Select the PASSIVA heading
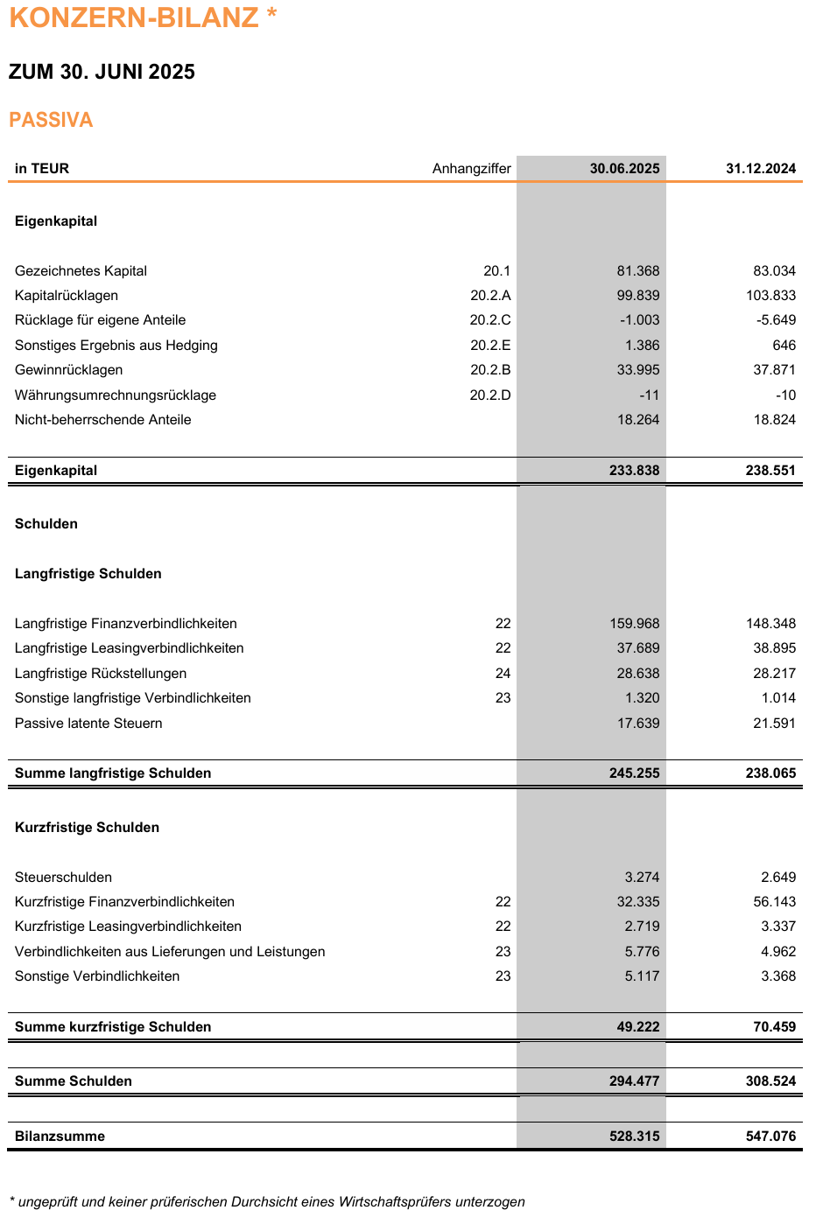tap(51, 120)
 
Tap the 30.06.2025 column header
tap(624, 169)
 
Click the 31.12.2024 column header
tap(761, 169)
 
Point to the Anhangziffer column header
tap(471, 169)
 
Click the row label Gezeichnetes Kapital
tap(81, 271)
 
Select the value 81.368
tap(638, 271)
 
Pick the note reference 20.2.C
tap(490, 320)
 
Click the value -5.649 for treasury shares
tap(777, 320)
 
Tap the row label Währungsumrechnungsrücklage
tap(116, 395)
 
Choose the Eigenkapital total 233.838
tap(635, 471)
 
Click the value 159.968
tap(635, 624)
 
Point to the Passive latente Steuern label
tap(88, 724)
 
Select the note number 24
tap(503, 674)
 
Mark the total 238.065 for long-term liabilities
tap(771, 773)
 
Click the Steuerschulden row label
tap(63, 878)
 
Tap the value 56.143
tap(775, 902)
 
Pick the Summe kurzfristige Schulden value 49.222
tap(638, 1027)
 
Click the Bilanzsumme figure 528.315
tap(635, 1137)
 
